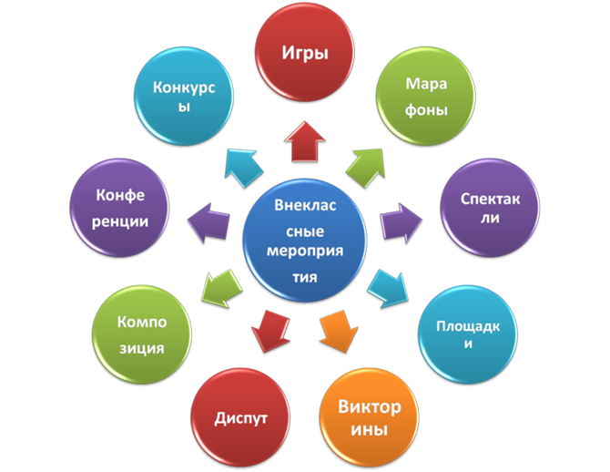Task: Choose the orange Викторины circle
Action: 370,416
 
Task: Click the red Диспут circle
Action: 240,418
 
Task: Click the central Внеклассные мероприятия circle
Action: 304,241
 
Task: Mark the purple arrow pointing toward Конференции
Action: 208,220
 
